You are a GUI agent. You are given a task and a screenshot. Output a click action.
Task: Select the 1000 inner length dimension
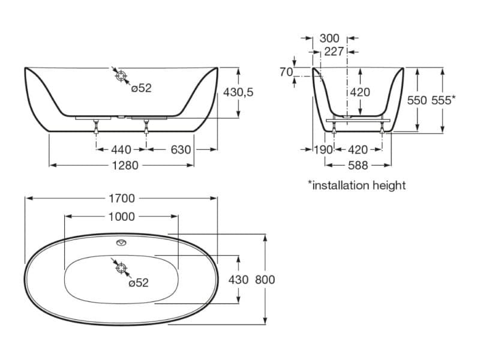coord(122,217)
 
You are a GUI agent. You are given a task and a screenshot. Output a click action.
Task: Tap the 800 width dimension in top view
coord(265,280)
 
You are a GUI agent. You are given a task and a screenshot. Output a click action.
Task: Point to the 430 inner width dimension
coord(238,280)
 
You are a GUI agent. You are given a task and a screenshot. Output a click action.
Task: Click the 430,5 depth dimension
coord(238,92)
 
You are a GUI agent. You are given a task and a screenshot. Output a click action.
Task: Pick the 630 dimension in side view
coord(181,149)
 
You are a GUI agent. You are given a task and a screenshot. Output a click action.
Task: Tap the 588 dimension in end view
coord(358,165)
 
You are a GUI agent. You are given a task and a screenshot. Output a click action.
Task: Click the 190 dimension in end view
coord(323,149)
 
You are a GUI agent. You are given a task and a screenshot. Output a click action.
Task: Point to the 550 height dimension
coord(418,100)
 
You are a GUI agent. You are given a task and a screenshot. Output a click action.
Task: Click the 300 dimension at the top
coord(329,38)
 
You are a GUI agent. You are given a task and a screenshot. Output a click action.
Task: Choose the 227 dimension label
coord(334,52)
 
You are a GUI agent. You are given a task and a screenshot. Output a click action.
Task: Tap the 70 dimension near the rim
coord(286,72)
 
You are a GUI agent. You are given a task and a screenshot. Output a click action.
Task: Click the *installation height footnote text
coord(356,185)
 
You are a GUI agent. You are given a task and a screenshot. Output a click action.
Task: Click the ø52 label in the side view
coord(142,88)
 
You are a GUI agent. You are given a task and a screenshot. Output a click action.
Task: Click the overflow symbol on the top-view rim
coord(122,243)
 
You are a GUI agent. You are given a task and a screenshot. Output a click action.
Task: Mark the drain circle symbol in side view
coord(122,76)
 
